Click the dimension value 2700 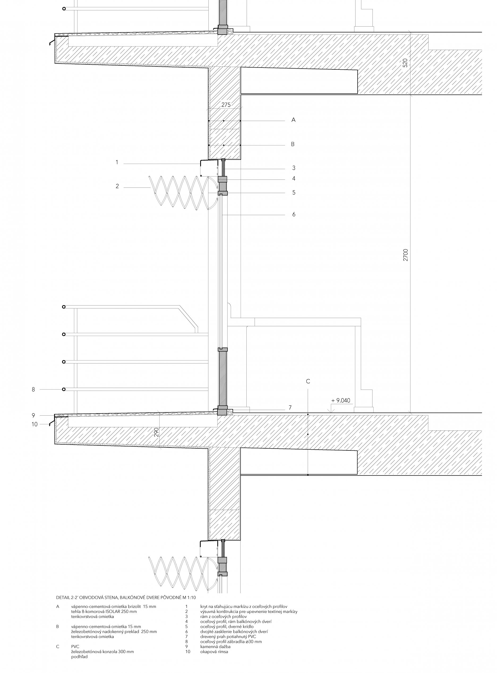point(406,255)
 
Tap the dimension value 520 point(405,63)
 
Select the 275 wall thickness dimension point(226,105)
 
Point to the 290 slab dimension point(156,432)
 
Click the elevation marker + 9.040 point(341,400)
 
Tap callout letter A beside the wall point(293,120)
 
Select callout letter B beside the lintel point(293,144)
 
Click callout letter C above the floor point(308,381)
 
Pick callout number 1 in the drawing point(117,162)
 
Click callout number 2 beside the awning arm point(117,186)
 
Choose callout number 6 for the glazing point(294,215)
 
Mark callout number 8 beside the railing point(33,390)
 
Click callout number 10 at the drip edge point(35,424)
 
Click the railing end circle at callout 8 point(64,390)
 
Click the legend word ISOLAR point(113,612)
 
